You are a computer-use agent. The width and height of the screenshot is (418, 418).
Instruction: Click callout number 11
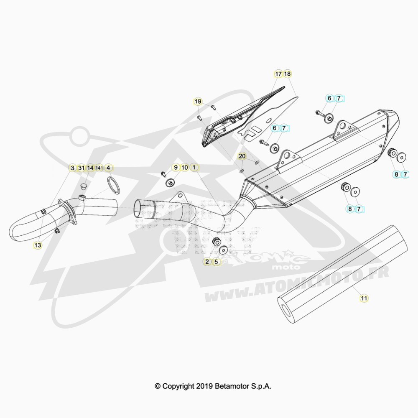[364, 298]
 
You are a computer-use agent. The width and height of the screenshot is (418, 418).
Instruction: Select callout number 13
[38, 245]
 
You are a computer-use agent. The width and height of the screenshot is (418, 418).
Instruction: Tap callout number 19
[198, 102]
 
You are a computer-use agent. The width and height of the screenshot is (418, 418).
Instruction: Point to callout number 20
[242, 156]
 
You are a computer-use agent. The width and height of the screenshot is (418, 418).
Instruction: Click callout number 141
[99, 168]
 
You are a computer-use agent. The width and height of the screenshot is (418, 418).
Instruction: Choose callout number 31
[82, 168]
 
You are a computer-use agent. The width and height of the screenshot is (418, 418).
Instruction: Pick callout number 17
[278, 74]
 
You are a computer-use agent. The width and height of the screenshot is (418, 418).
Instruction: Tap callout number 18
[288, 74]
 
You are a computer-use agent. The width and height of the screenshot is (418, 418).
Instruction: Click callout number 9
[176, 168]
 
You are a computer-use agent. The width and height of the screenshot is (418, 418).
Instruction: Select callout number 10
[185, 168]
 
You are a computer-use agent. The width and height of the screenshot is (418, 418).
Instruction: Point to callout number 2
[207, 262]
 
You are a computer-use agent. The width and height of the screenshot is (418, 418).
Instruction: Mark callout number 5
[216, 262]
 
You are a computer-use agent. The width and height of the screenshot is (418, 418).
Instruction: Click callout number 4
[108, 168]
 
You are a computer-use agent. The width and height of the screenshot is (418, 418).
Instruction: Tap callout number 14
[90, 168]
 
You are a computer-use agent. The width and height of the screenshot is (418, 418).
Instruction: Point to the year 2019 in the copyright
[204, 386]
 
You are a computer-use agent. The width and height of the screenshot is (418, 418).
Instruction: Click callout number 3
[72, 168]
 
